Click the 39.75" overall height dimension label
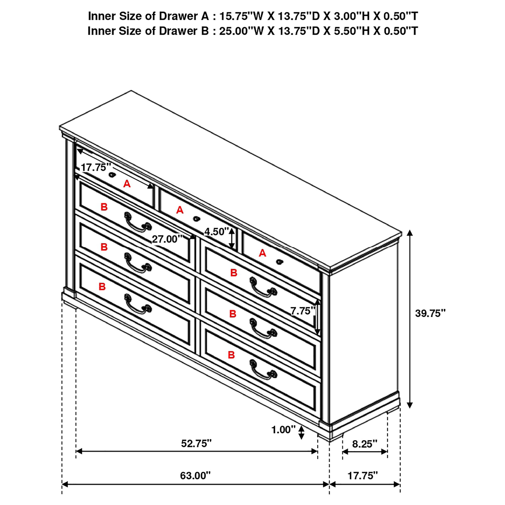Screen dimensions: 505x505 430,313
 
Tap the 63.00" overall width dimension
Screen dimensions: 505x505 195,475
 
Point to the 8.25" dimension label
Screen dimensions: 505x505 365,443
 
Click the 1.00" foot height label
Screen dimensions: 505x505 283,429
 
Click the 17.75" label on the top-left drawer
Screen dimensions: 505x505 96,167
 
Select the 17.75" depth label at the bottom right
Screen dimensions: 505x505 363,475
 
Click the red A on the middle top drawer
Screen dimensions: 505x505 180,210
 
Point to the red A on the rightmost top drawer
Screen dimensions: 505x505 262,253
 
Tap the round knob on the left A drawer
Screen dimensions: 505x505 112,175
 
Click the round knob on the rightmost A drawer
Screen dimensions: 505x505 279,262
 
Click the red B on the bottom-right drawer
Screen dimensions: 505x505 231,355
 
